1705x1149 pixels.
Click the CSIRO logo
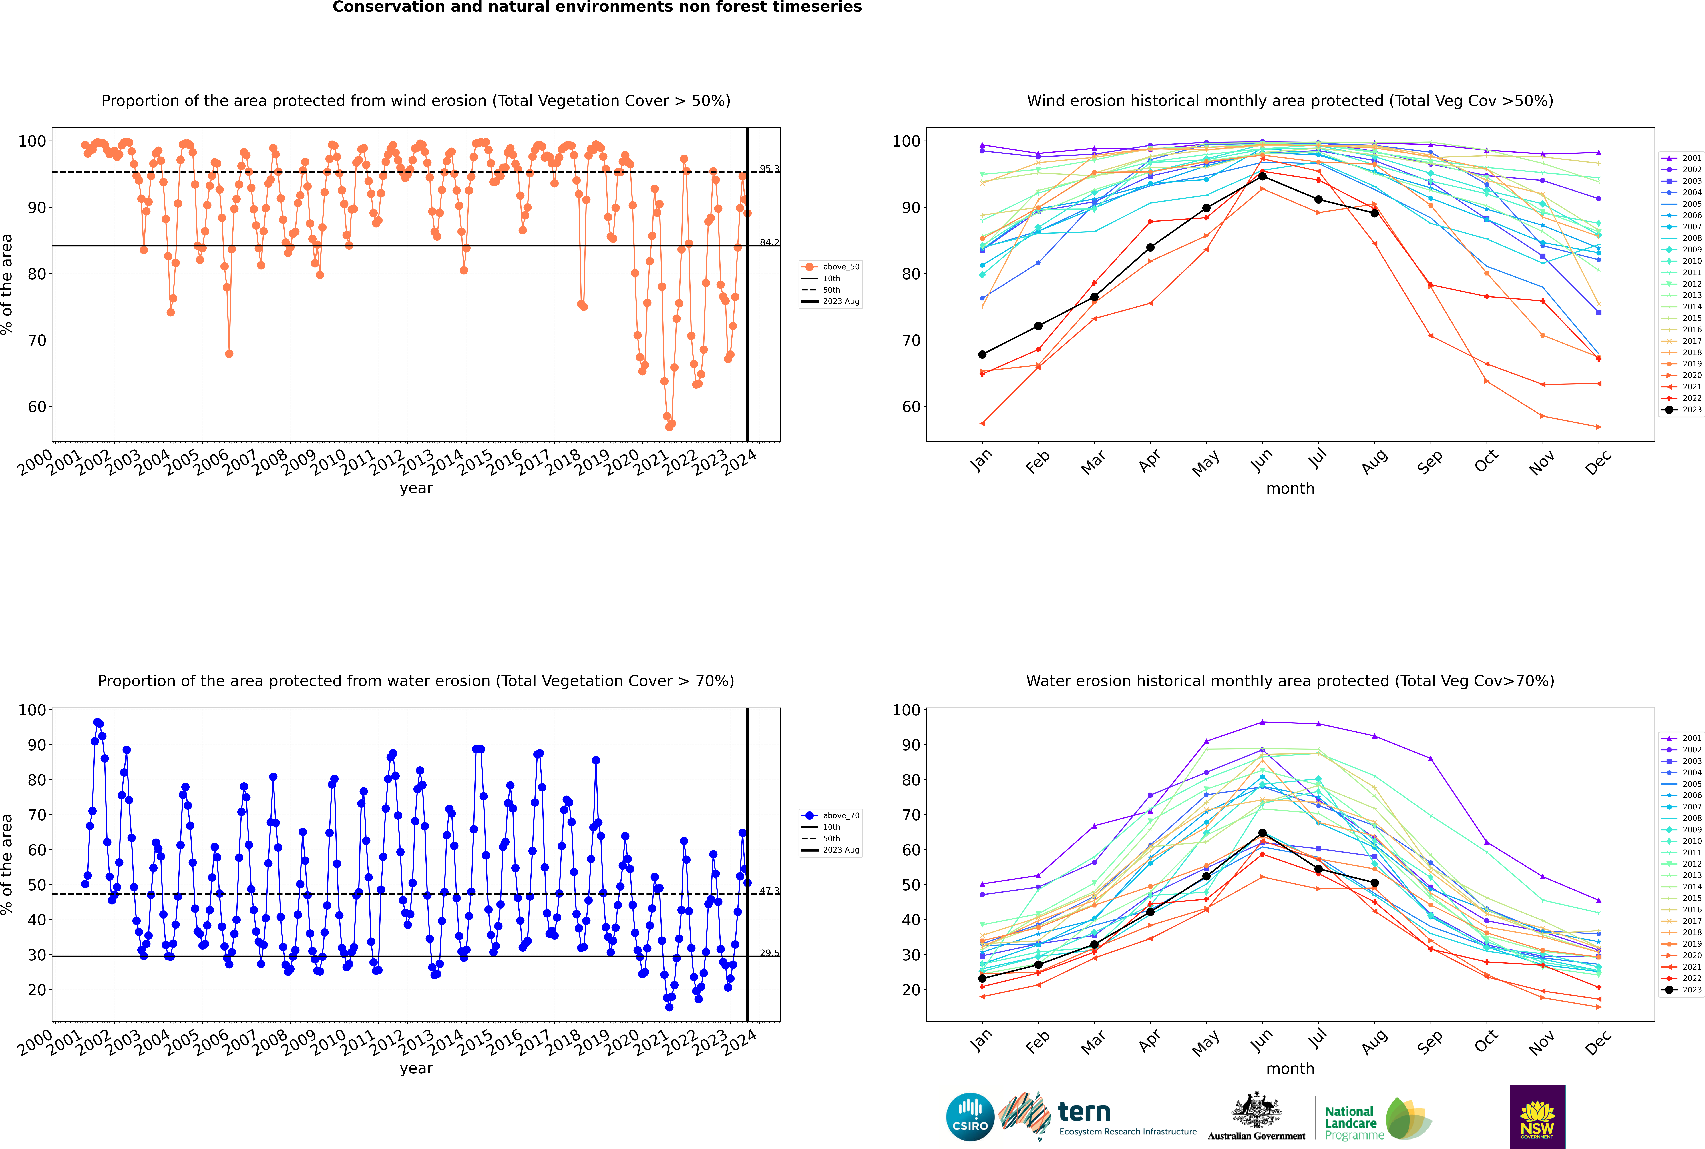pyautogui.click(x=970, y=1117)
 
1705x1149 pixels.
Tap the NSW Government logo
pyautogui.click(x=1537, y=1116)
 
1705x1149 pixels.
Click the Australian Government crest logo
pyautogui.click(x=1256, y=1117)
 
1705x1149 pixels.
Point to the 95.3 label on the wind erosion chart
pyautogui.click(x=769, y=169)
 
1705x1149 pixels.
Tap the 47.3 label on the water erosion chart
pyautogui.click(x=769, y=891)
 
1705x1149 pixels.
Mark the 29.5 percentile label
pyautogui.click(x=769, y=953)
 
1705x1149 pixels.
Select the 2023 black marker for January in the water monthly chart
pyautogui.click(x=982, y=978)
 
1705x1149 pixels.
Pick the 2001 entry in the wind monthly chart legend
pyautogui.click(x=1682, y=157)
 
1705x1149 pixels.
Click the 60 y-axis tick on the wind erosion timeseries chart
pyautogui.click(x=37, y=407)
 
